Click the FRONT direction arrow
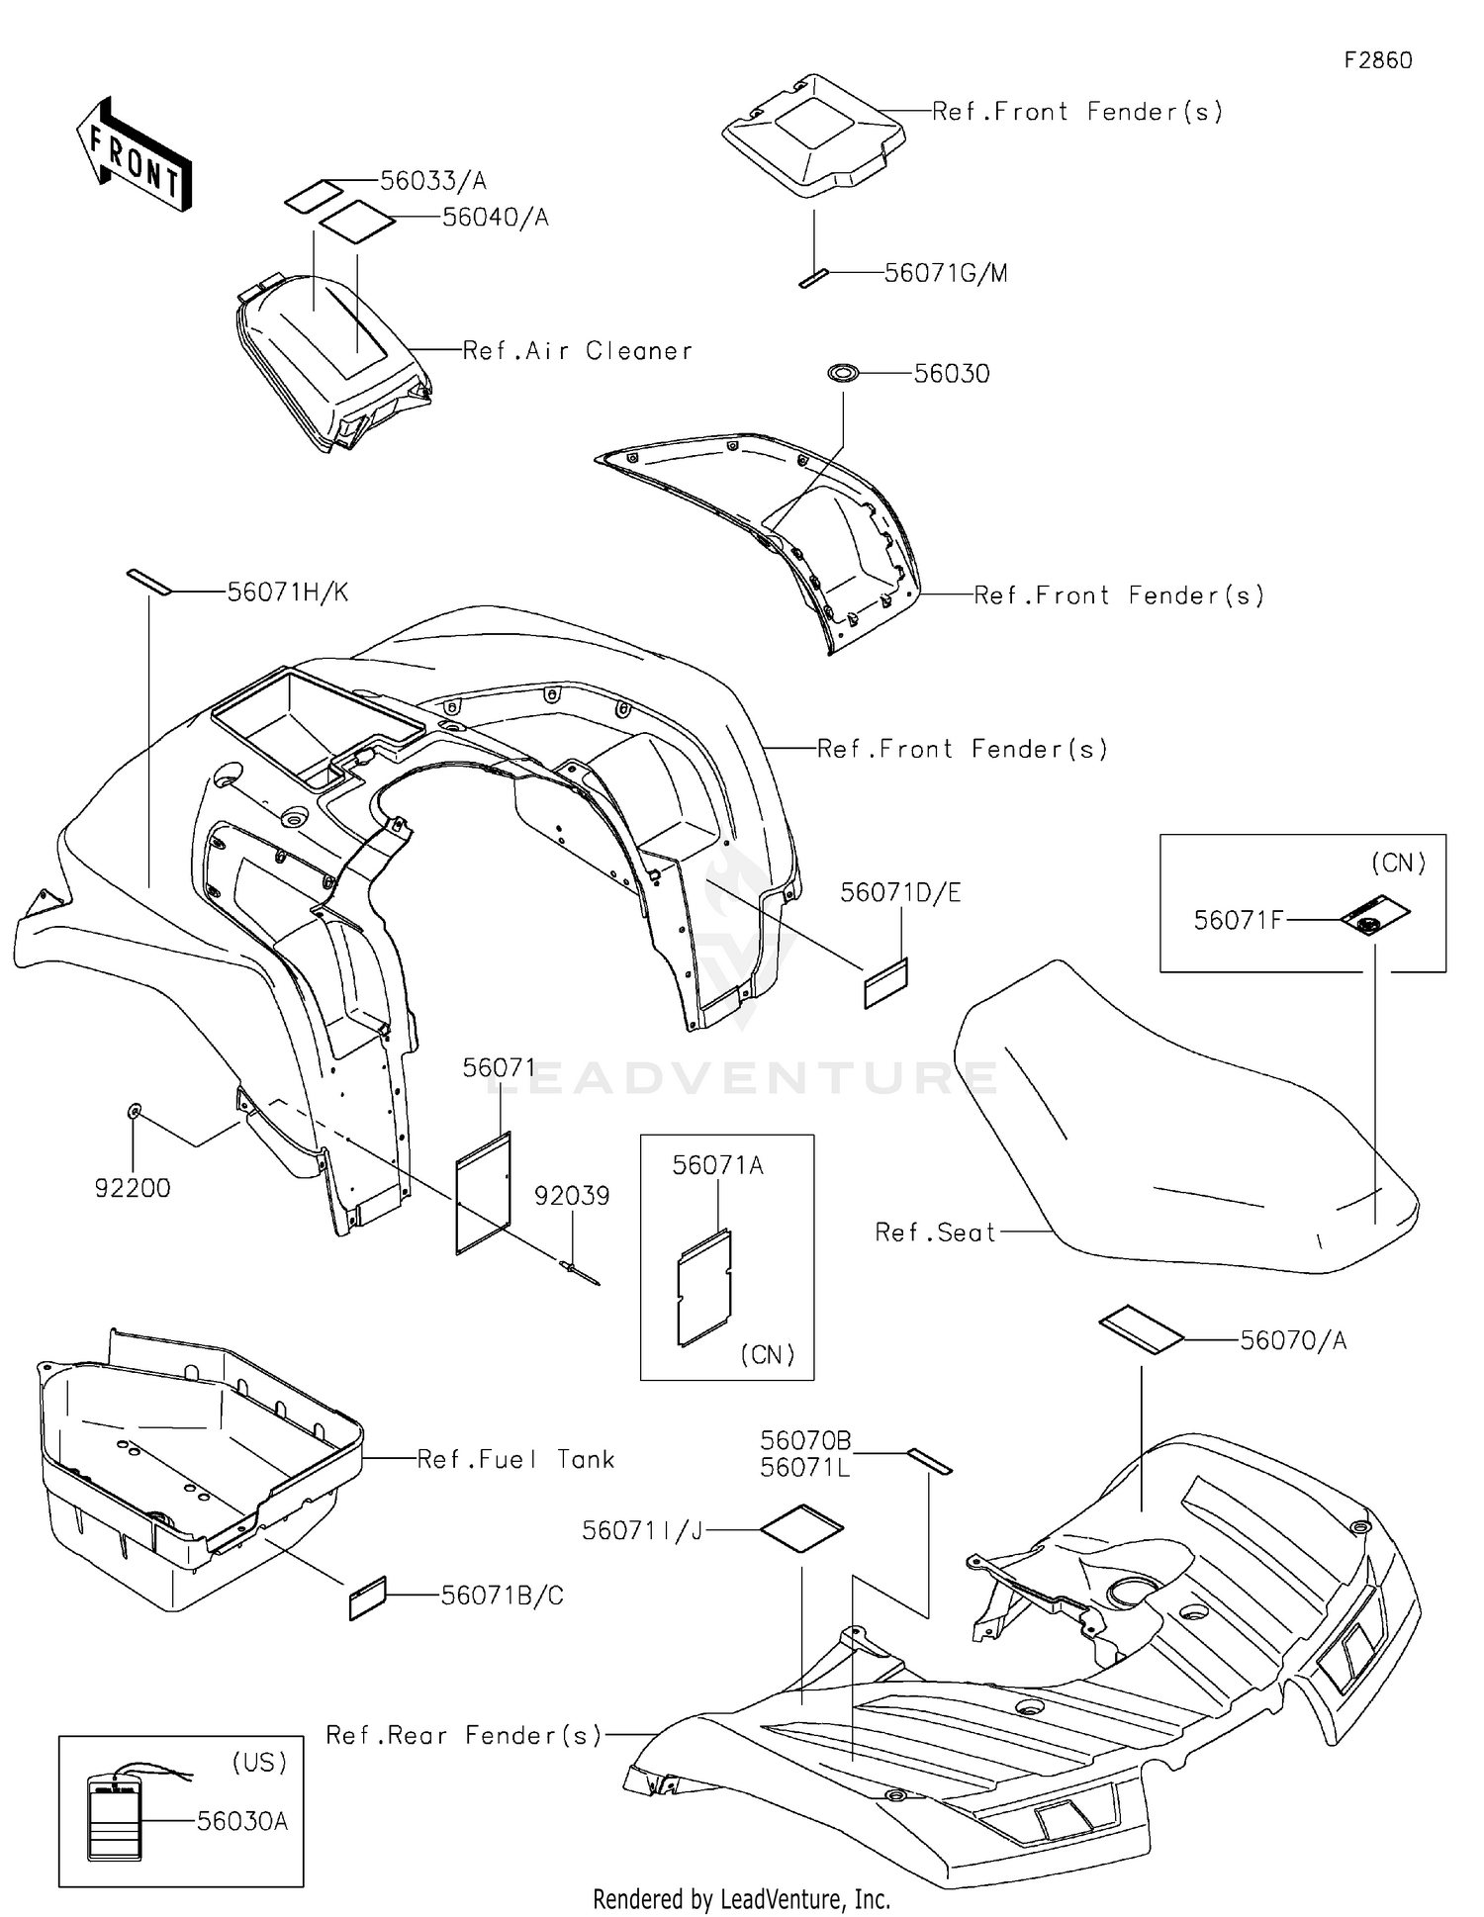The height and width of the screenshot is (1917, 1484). click(x=135, y=154)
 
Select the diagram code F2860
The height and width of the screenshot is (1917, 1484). click(x=1378, y=60)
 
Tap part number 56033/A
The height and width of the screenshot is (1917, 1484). click(x=433, y=181)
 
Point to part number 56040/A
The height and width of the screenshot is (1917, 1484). click(x=496, y=218)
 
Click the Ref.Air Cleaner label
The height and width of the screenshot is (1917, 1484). click(x=578, y=351)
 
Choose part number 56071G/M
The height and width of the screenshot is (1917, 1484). click(x=946, y=273)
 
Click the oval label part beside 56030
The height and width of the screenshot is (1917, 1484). click(x=844, y=373)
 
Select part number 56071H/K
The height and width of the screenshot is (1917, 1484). click(x=288, y=593)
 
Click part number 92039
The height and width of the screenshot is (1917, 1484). click(x=572, y=1196)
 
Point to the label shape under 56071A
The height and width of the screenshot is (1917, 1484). click(x=704, y=1287)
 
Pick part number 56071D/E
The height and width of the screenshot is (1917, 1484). click(x=900, y=893)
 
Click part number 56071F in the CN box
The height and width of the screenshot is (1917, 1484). click(x=1238, y=921)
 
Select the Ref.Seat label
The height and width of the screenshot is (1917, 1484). click(x=935, y=1232)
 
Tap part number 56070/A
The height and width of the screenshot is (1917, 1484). click(x=1293, y=1340)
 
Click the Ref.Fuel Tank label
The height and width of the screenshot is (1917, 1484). click(x=515, y=1459)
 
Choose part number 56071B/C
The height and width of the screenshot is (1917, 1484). click(x=503, y=1596)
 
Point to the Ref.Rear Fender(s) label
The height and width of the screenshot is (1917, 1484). click(x=464, y=1735)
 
